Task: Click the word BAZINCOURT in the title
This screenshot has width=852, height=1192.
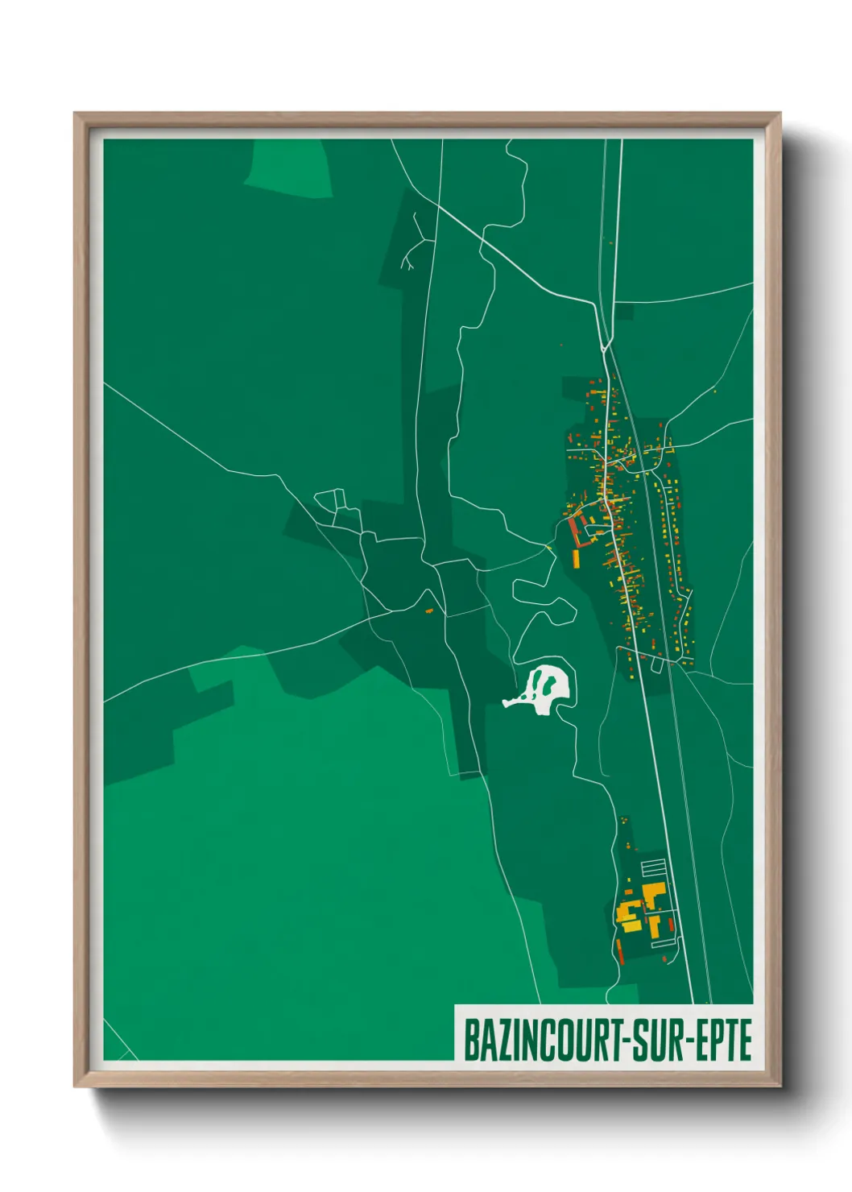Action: point(540,1040)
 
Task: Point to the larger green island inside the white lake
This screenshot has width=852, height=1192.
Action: point(548,684)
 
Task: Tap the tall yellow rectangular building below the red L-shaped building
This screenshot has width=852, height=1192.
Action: point(577,558)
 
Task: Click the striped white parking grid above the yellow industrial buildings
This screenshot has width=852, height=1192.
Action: point(653,869)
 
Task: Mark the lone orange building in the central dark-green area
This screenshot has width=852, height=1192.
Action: point(429,611)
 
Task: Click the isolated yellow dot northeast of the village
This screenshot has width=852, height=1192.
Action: point(714,392)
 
